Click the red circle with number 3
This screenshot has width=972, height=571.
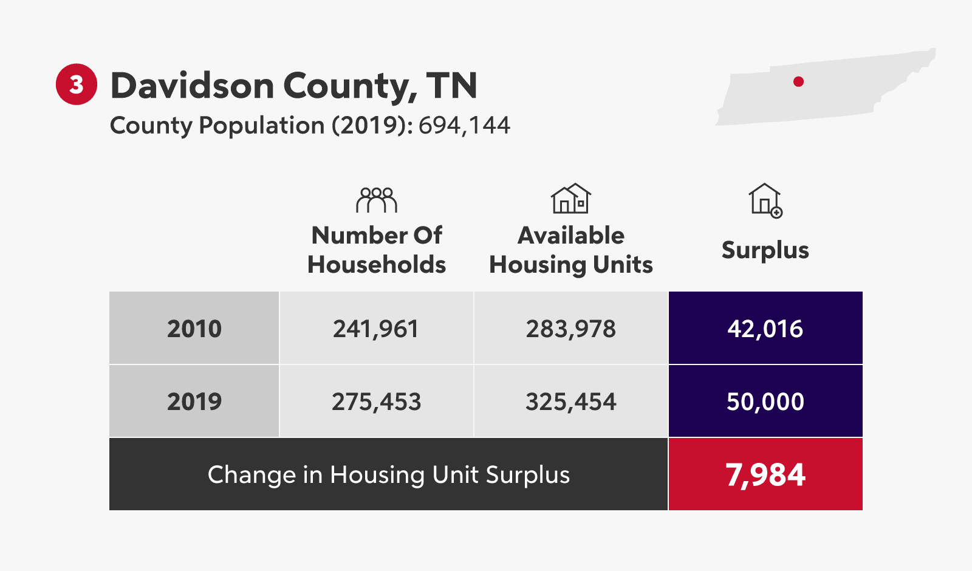77,84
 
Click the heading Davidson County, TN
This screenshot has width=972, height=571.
293,86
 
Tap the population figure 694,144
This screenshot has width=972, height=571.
464,126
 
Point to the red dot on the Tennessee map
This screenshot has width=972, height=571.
798,82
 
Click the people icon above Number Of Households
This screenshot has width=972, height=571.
377,200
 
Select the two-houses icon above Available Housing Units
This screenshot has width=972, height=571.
570,199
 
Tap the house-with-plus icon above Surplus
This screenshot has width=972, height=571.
765,200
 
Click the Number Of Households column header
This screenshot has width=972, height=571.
377,250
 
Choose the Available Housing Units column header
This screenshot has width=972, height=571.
571,250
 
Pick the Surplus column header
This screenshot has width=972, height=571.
765,250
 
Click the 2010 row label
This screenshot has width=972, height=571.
194,329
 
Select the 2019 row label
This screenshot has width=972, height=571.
194,402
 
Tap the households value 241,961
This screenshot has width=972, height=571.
376,329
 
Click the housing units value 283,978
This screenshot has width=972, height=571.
571,329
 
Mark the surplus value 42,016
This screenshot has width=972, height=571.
765,329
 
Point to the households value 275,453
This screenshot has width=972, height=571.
376,402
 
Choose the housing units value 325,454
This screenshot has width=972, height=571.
571,402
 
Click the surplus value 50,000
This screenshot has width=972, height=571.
765,402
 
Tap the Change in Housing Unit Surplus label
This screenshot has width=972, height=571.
389,474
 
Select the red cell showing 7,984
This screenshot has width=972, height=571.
765,474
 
